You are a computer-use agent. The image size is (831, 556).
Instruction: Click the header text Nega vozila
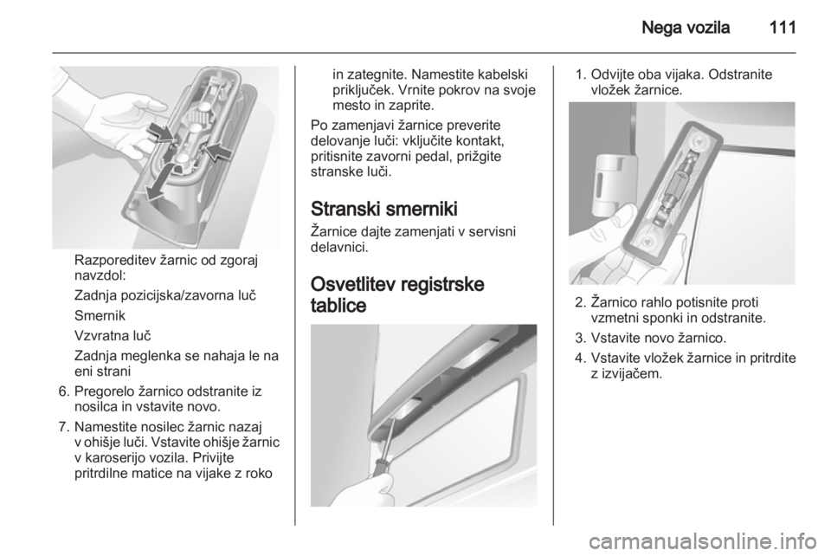[686, 27]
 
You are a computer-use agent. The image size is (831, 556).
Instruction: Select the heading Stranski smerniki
[383, 209]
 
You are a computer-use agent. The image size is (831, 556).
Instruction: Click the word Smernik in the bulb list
[100, 315]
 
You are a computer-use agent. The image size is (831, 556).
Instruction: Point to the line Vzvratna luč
[113, 335]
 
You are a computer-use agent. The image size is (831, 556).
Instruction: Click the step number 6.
[64, 391]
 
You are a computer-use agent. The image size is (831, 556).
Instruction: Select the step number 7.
[64, 427]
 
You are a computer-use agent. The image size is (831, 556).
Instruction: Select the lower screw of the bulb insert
[647, 242]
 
